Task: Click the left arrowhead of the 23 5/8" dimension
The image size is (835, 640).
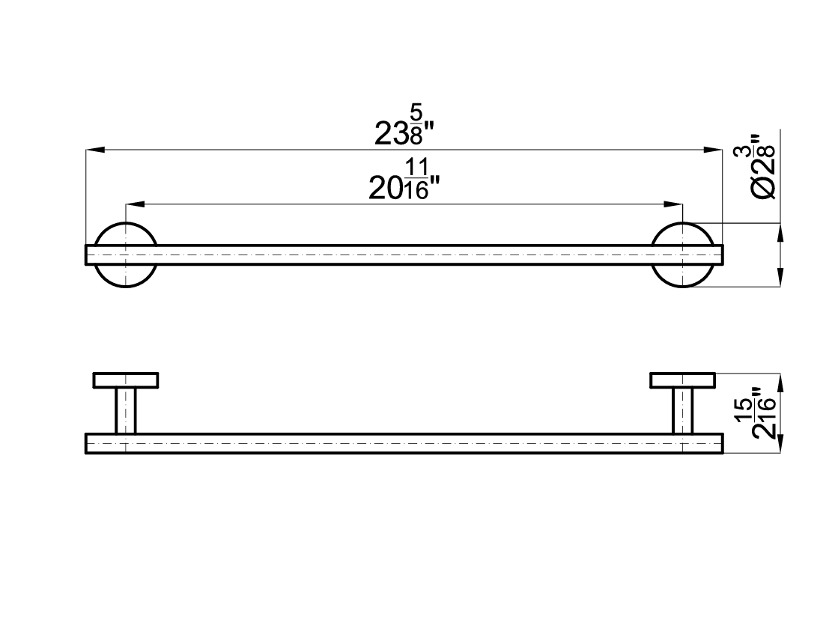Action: click(x=95, y=150)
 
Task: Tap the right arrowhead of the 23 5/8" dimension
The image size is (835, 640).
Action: click(x=713, y=150)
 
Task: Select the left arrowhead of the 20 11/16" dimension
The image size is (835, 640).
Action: click(x=135, y=204)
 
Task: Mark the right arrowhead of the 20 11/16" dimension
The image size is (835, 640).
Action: click(x=674, y=204)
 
